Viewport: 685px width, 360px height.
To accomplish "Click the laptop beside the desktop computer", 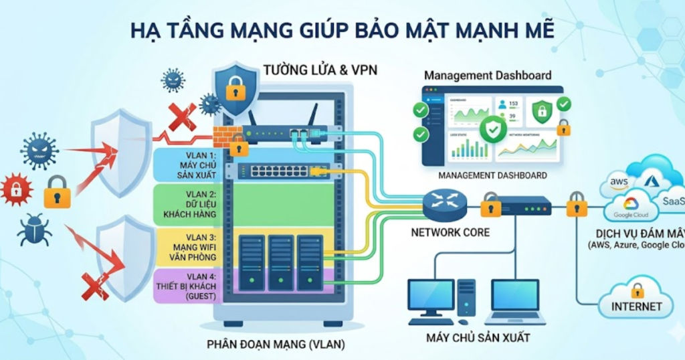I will click(515, 301).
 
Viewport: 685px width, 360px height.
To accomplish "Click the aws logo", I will click(618, 183).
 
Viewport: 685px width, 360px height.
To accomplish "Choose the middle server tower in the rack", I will click(280, 262).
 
